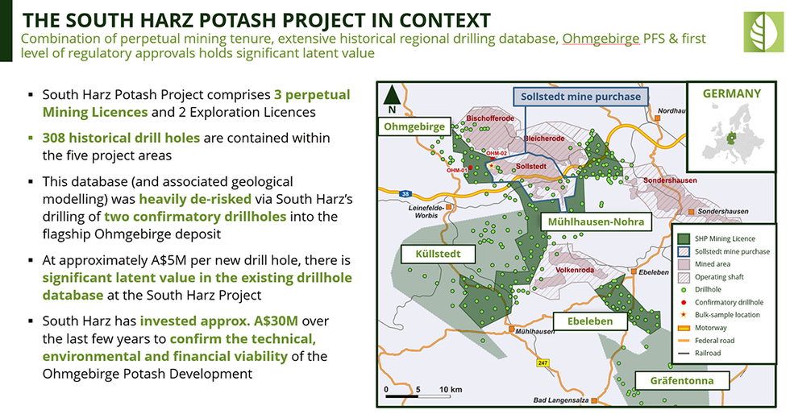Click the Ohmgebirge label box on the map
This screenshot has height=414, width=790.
pyautogui.click(x=414, y=127)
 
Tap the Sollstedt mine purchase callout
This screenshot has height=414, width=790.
pyautogui.click(x=580, y=97)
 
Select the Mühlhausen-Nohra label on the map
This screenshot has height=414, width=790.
pyautogui.click(x=595, y=221)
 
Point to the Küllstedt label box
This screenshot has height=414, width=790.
pyautogui.click(x=438, y=254)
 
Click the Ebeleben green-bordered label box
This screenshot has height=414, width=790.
pyautogui.click(x=596, y=321)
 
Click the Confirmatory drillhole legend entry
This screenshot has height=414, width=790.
pyautogui.click(x=722, y=302)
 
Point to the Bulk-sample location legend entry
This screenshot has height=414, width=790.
pyautogui.click(x=722, y=314)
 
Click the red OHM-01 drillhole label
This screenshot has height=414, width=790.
pyautogui.click(x=456, y=170)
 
